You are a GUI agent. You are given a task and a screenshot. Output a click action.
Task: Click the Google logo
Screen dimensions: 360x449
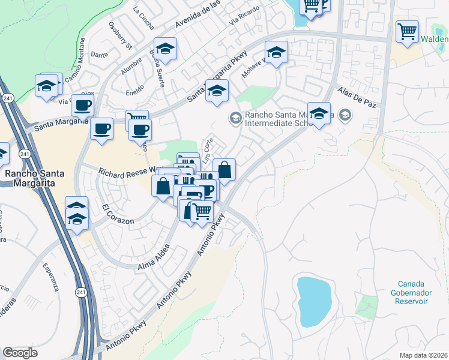pyautogui.click(x=20, y=353)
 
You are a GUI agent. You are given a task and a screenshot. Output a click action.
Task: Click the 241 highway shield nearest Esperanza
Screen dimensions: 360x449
pyautogui.click(x=81, y=292)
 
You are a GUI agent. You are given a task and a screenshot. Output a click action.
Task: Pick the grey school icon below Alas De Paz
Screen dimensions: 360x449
pyautogui.click(x=345, y=114)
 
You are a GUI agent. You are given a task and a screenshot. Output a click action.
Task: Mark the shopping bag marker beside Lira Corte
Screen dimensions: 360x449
pyautogui.click(x=224, y=170)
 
